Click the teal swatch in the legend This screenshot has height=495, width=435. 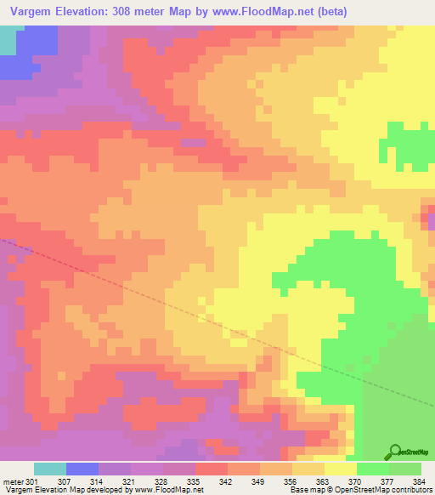(50, 469)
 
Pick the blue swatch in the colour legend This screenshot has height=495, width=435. (82, 469)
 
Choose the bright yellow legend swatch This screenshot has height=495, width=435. (340, 469)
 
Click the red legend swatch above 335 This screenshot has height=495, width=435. (211, 469)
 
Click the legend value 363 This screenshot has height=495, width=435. (323, 481)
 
